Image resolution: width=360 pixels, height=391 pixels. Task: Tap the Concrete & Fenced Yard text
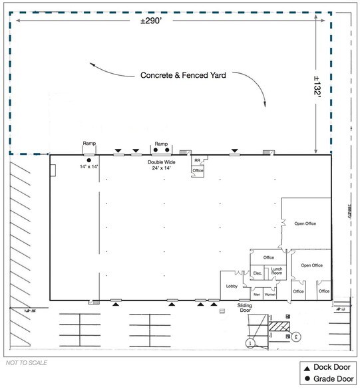183,76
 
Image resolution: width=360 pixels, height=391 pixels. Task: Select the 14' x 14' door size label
89,166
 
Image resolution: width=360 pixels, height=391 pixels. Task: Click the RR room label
197,160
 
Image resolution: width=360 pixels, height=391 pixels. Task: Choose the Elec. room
257,273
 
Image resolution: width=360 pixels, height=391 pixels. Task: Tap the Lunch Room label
276,271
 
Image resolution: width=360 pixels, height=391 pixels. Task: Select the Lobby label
232,286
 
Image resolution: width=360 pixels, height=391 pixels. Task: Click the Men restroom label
256,294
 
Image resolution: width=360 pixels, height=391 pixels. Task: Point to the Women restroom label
270,294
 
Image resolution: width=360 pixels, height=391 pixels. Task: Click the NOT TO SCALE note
26,364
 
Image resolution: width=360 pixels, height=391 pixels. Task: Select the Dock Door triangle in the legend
307,368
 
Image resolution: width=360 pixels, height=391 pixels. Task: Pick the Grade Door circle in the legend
307,378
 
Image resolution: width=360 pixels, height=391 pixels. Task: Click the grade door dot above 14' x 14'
89,160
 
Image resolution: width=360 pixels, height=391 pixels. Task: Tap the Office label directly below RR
197,171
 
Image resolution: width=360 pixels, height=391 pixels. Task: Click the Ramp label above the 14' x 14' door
89,144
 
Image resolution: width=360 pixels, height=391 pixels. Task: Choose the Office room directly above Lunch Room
269,257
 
